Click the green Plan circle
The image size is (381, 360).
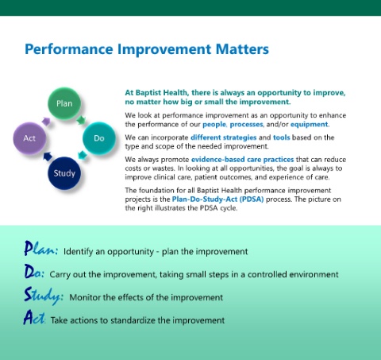click(x=64, y=103)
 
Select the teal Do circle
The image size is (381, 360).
click(x=99, y=138)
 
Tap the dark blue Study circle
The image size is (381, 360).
click(x=64, y=173)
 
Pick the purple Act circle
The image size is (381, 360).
click(x=29, y=138)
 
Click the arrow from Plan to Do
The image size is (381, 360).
click(x=81, y=120)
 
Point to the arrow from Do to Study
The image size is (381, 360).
click(x=83, y=155)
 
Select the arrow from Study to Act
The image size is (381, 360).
click(x=48, y=157)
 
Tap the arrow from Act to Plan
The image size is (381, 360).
click(x=46, y=122)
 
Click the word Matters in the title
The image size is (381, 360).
click(x=242, y=49)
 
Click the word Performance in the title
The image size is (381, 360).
click(x=69, y=49)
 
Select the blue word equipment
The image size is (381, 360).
click(x=309, y=124)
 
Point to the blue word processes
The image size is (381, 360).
click(x=246, y=124)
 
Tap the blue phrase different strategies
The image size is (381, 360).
click(x=224, y=137)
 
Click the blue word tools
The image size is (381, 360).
click(x=282, y=137)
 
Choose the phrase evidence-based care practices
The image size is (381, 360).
click(x=242, y=160)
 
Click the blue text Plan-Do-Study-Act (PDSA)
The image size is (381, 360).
click(x=217, y=199)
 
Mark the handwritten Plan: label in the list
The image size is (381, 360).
click(x=40, y=249)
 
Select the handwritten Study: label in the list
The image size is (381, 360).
click(x=44, y=296)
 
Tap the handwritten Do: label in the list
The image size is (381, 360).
click(x=34, y=272)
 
